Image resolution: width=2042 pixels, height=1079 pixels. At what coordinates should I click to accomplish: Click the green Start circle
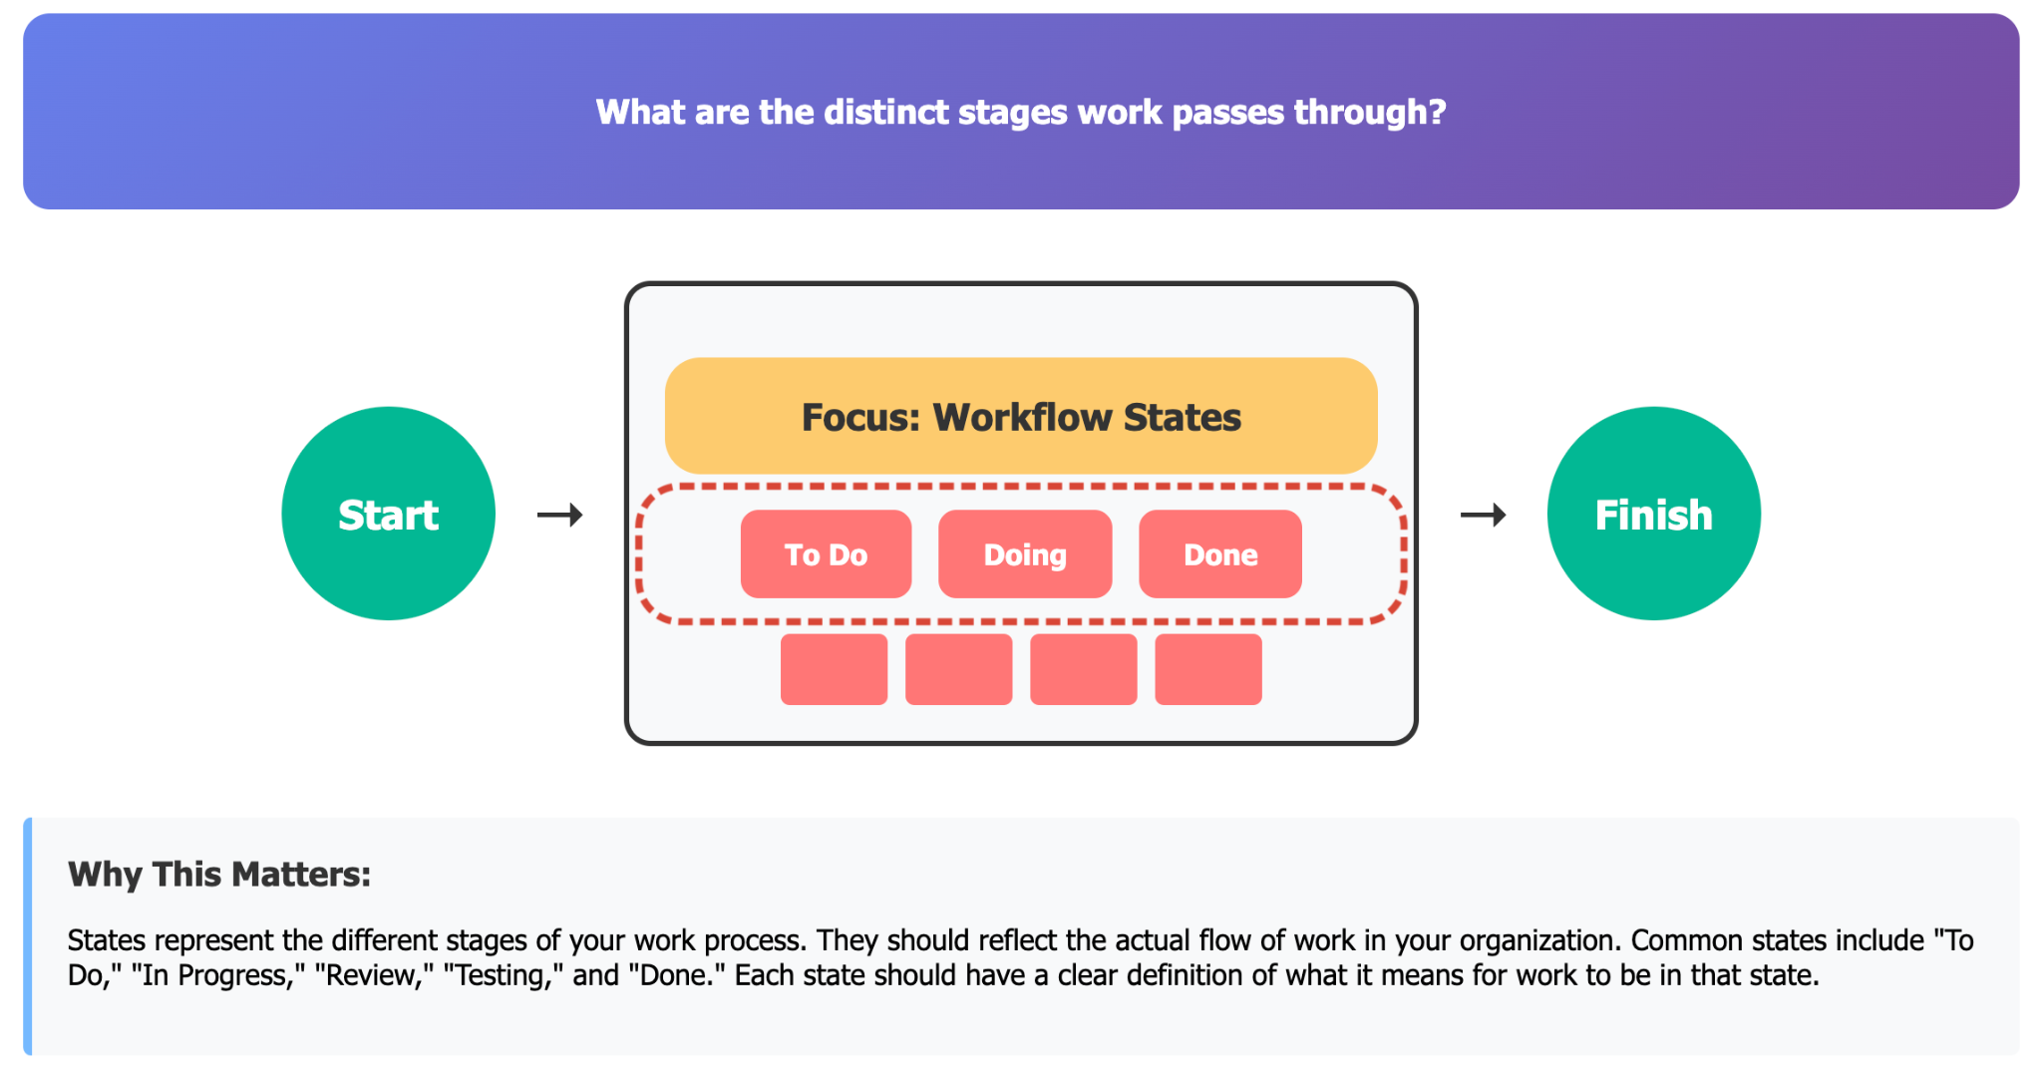tap(388, 514)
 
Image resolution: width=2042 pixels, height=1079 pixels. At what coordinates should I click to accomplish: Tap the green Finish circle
tap(1653, 514)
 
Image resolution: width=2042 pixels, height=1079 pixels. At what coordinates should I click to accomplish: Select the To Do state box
tap(826, 554)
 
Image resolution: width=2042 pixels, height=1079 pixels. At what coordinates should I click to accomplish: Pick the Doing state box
tap(1025, 554)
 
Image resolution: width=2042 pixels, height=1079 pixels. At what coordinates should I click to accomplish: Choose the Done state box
tap(1219, 554)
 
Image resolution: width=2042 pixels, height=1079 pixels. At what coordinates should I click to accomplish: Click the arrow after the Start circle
tap(559, 515)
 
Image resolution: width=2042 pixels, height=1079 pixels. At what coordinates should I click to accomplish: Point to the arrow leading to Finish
tap(1483, 515)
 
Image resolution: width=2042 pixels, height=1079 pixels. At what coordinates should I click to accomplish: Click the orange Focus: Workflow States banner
tap(1021, 416)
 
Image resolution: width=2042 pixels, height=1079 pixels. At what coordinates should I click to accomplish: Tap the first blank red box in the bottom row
tap(834, 669)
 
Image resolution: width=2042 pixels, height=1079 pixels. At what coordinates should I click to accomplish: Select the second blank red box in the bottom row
tap(958, 669)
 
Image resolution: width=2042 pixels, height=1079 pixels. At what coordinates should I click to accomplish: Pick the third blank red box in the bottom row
tap(1083, 669)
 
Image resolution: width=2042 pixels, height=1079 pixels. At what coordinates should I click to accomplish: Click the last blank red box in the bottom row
tap(1207, 669)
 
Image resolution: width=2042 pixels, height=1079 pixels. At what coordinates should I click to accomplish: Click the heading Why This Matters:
tap(219, 875)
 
